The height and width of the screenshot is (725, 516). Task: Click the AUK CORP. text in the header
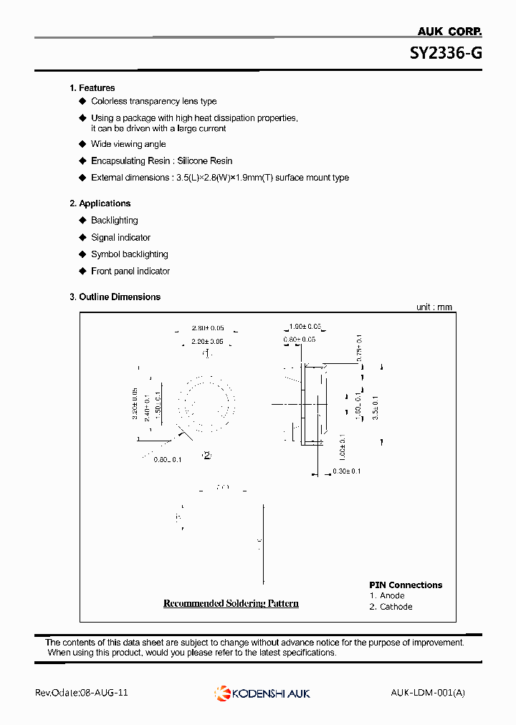tap(449, 31)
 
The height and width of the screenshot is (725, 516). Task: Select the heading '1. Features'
tap(92, 88)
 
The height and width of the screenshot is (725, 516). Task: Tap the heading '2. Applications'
tap(100, 203)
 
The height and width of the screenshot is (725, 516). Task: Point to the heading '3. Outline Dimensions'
tap(115, 297)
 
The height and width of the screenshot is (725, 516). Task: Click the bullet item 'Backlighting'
tap(114, 221)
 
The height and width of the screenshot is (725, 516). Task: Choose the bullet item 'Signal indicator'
tap(120, 237)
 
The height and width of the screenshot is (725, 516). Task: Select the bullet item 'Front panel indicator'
tap(130, 271)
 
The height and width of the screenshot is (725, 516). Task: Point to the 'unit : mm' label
tap(434, 307)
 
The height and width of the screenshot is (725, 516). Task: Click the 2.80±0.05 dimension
tap(207, 328)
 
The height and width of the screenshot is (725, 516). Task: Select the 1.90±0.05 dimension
tap(303, 327)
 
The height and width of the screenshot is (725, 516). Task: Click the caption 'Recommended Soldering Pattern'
tap(231, 603)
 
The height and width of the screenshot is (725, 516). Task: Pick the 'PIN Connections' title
tap(406, 585)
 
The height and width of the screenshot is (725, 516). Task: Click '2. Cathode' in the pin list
tap(391, 607)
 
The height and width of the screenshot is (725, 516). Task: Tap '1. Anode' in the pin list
tap(387, 595)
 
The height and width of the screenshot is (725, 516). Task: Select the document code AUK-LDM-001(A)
tap(428, 693)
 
